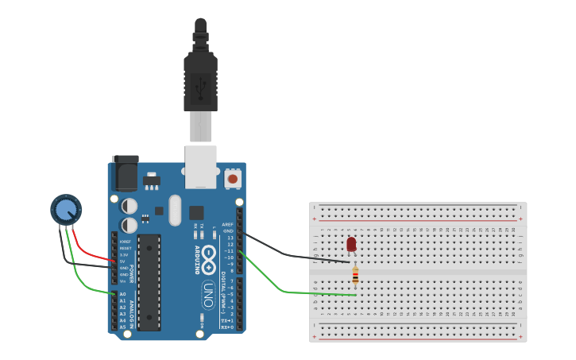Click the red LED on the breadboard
[351, 244]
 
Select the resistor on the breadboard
[355, 276]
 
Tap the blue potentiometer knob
[66, 210]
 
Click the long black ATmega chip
[149, 282]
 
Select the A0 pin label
[122, 294]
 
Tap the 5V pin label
[123, 261]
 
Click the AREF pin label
[228, 225]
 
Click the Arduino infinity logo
[208, 256]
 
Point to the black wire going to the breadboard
[294, 256]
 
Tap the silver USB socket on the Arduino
[201, 166]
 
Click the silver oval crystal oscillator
[175, 211]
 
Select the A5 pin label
[122, 327]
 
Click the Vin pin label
[123, 281]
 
